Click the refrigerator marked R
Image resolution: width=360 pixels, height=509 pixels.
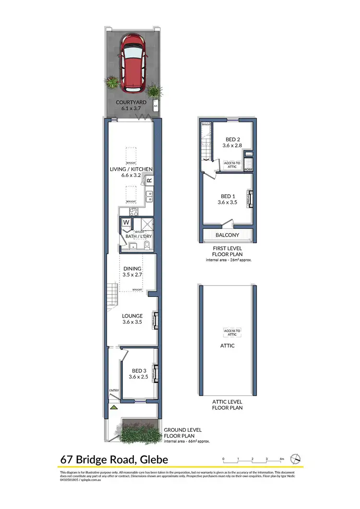point(149,181)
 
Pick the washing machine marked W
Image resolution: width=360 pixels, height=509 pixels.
point(126,223)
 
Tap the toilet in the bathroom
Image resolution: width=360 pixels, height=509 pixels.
point(147,246)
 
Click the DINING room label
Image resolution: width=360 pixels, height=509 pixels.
point(132,269)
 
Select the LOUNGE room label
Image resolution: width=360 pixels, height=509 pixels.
point(132,316)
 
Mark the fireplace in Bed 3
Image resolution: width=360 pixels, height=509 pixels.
point(155,373)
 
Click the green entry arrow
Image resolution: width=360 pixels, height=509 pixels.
point(114,407)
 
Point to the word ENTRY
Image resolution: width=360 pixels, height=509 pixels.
point(114,391)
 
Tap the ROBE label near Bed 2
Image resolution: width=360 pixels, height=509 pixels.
point(248,169)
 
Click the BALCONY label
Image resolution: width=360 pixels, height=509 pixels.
point(228,235)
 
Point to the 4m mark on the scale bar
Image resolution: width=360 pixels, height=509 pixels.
point(282,459)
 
